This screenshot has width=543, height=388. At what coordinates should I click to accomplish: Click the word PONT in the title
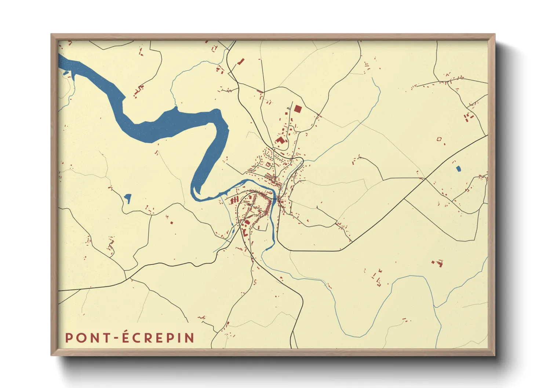coord(87,338)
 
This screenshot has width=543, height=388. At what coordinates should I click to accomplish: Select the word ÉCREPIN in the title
coord(158,338)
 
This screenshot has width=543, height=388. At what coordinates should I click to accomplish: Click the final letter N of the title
coord(190,338)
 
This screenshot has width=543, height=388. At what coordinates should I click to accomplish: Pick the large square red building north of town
coord(297,109)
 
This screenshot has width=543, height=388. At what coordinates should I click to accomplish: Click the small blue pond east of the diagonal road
coord(458,169)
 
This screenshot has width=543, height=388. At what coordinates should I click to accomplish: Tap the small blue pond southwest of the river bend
coord(128,198)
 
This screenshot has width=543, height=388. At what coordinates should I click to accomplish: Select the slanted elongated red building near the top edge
coord(241,62)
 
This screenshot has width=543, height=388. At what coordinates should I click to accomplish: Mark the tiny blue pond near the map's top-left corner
coord(66,73)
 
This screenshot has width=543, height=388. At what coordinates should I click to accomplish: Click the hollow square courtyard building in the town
coord(268,165)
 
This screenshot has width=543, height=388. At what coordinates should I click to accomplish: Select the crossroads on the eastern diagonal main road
coord(424,179)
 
